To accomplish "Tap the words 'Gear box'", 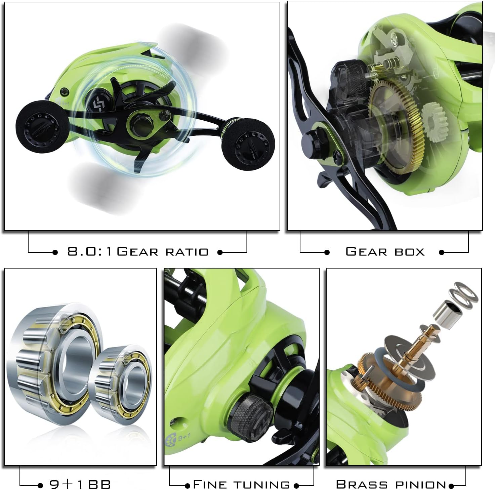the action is point(385,251).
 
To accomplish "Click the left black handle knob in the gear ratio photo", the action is point(42,127).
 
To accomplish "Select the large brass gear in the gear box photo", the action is point(396,127).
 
